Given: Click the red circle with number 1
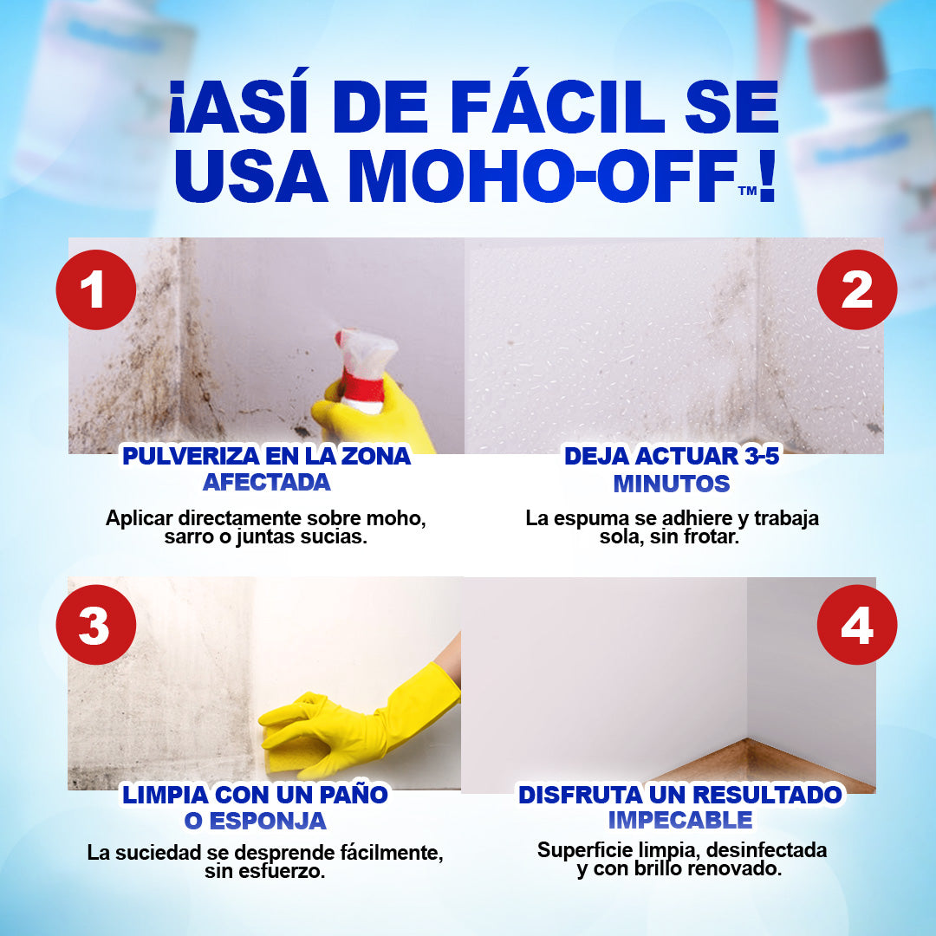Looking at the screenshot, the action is point(96,290).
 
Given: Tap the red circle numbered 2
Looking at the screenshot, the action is point(856,290).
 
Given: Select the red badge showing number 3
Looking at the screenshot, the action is point(96,625).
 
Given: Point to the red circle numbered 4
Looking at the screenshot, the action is point(856,625).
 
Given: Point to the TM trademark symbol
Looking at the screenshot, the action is point(747,191).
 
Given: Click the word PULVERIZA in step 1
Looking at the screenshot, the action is point(190,456).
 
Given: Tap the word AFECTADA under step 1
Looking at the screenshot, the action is point(267,483).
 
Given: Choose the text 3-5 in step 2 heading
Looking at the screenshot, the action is point(762,456).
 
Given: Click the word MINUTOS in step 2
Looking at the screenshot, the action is point(672,484).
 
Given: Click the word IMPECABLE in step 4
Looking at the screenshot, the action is point(680,820).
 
